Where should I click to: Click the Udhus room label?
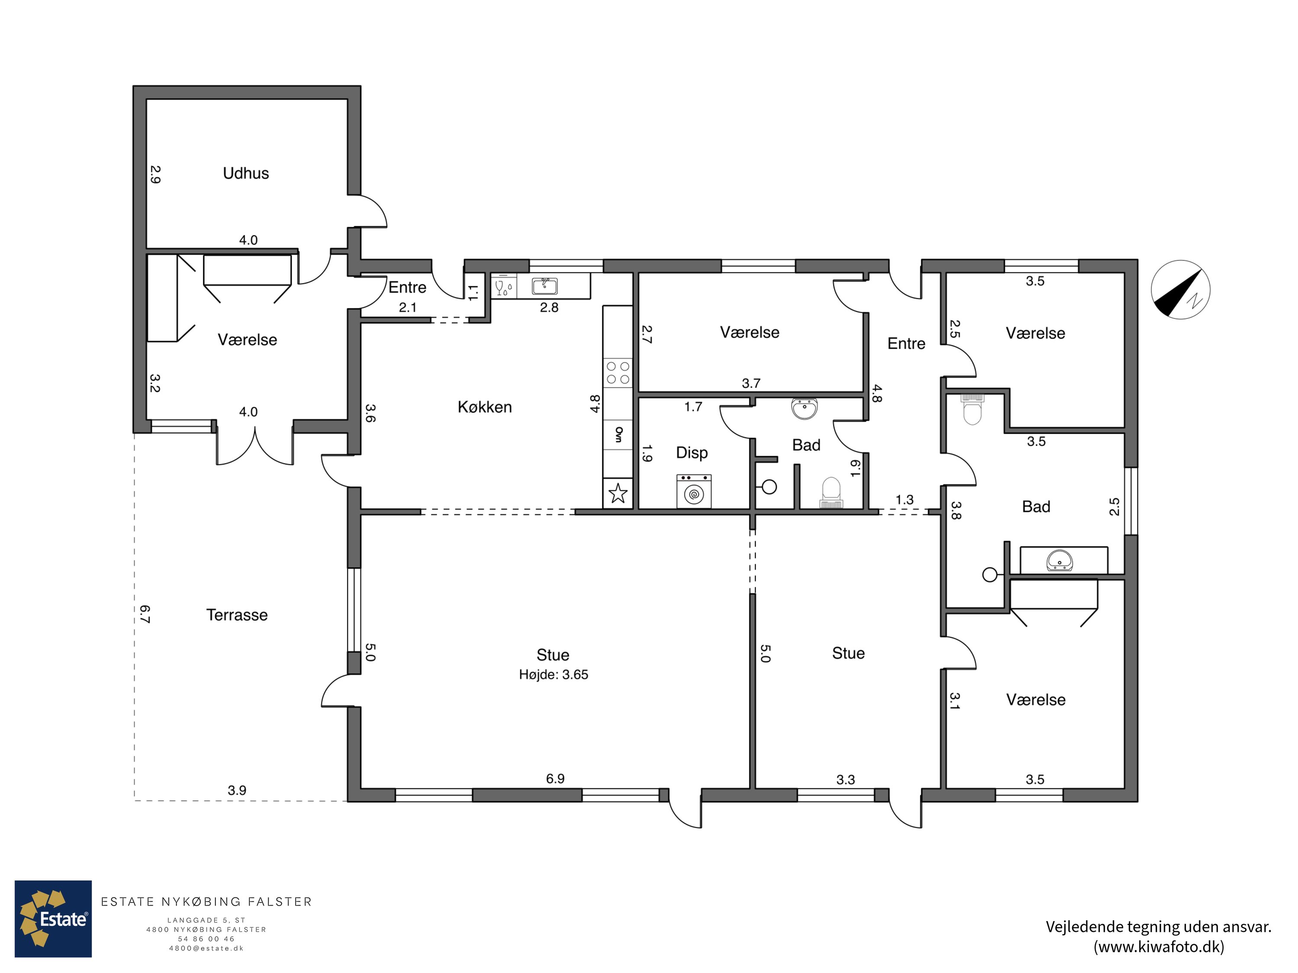246,173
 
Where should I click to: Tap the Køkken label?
485,406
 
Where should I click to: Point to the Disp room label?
692,453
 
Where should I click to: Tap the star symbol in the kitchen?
618,493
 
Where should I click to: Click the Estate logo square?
53,919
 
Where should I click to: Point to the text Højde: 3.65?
553,675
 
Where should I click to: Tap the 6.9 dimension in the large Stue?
555,778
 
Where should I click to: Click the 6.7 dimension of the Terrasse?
145,614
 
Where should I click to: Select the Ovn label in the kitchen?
618,434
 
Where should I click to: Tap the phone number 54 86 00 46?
206,938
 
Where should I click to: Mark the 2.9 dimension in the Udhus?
155,174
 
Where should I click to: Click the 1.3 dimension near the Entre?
904,500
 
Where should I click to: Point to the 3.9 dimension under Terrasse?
237,790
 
